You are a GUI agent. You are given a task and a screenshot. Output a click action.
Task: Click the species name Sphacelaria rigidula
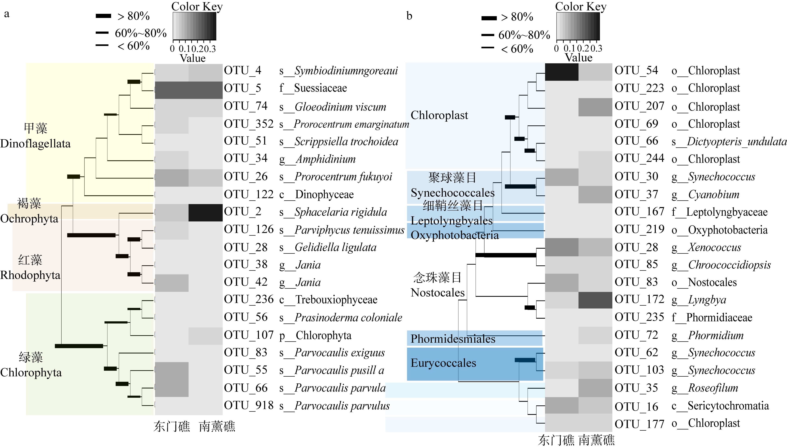point(341,212)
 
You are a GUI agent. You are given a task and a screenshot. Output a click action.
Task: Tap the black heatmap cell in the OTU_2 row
point(205,212)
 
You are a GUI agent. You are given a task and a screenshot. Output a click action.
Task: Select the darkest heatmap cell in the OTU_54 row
point(562,72)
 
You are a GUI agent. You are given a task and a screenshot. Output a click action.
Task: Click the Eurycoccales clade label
point(443,363)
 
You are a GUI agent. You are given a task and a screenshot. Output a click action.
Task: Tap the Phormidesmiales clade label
point(453,339)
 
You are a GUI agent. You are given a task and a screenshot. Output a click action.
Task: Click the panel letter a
point(7,14)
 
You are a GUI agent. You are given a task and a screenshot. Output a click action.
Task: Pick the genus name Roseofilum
point(713,388)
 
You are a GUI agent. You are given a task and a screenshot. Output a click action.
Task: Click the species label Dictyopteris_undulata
point(737,142)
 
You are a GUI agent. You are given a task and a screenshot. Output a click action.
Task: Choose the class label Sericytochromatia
point(728,406)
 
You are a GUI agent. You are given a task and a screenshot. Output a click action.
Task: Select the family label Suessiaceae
point(320,88)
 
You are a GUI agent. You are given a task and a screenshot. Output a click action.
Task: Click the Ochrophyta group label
point(29,219)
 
